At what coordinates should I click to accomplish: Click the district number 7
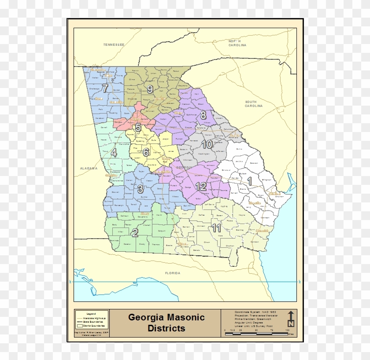[x=105, y=88]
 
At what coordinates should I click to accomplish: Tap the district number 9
[x=150, y=89]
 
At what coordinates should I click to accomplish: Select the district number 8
[x=203, y=115]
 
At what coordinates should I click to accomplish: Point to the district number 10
[x=207, y=144]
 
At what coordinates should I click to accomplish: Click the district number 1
[x=249, y=180]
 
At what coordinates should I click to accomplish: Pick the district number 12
[x=201, y=187]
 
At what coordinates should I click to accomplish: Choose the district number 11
[x=216, y=228]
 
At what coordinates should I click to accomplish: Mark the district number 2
[x=135, y=233]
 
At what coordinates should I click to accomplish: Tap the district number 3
[x=141, y=189]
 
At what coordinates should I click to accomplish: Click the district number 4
[x=114, y=153]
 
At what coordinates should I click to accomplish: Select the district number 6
[x=146, y=152]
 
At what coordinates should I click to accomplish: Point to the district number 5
[x=138, y=128]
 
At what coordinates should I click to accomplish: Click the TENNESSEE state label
[x=114, y=45]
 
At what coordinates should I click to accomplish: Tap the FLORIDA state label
[x=173, y=273]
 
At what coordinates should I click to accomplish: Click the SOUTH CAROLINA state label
[x=254, y=104]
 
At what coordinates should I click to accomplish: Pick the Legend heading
[x=91, y=313]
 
